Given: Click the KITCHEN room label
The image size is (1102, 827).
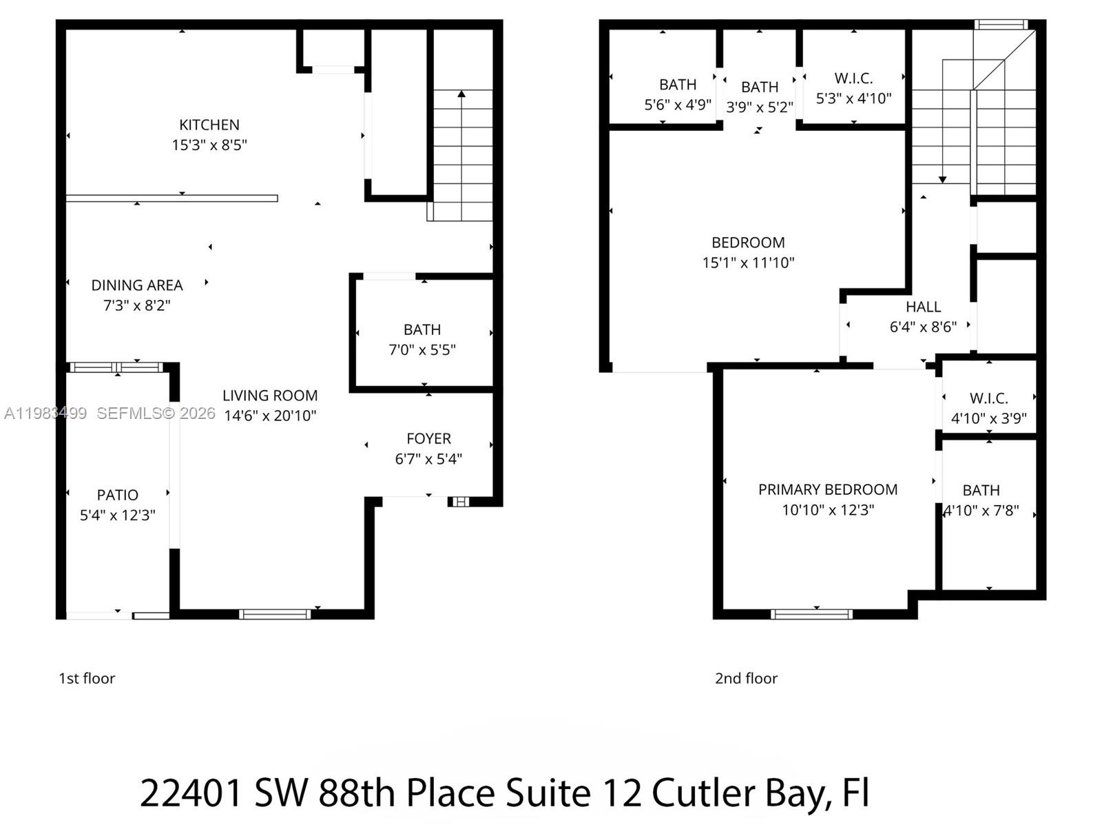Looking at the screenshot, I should tap(209, 125).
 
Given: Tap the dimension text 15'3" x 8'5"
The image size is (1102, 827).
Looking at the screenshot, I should tap(209, 145).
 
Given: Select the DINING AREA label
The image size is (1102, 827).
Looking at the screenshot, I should tap(137, 285).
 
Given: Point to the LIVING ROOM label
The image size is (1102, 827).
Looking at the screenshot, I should tap(270, 396).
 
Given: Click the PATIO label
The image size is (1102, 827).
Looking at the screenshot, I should tap(118, 495).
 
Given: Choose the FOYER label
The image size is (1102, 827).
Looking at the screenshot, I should tap(428, 439).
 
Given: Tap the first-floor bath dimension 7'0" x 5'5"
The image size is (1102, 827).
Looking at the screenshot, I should tap(422, 350).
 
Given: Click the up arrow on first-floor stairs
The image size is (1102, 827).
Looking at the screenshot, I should tap(461, 94).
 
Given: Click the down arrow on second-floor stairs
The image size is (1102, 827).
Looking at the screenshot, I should tap(943, 178).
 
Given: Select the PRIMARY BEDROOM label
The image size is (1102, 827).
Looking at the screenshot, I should tap(828, 489).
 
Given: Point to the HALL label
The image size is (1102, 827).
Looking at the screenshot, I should tap(923, 307).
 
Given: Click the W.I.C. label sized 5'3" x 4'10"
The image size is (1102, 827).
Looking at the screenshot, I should tap(853, 79).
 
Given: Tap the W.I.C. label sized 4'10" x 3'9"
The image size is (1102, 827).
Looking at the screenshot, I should tap(988, 398).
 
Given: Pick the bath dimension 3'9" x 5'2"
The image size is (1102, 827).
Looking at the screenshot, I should tap(760, 108).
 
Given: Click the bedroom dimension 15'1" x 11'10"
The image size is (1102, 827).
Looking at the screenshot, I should tap(748, 263).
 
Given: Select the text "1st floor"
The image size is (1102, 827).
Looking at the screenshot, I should tap(87, 678).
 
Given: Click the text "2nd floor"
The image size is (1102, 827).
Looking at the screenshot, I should tap(746, 678).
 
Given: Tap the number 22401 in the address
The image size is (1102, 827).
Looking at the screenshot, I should tap(191, 793).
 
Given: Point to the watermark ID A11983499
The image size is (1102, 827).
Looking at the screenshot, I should tap(45, 413).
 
